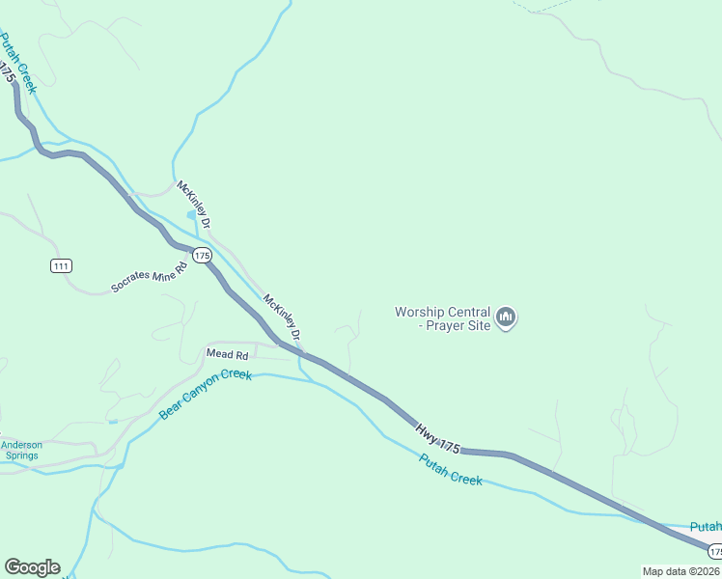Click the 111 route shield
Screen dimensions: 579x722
click(62, 265)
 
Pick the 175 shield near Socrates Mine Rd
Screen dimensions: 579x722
click(201, 255)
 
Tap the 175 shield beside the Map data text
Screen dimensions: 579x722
click(714, 551)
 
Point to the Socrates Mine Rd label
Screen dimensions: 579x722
click(149, 276)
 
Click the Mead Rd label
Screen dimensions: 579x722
click(228, 354)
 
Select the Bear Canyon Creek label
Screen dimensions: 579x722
click(205, 394)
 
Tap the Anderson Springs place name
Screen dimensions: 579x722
click(21, 451)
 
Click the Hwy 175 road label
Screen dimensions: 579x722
click(437, 437)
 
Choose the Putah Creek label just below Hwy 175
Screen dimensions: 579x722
click(451, 469)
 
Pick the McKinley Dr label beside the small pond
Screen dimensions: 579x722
click(193, 201)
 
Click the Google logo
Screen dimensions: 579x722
click(32, 567)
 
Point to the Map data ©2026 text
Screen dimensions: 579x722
click(680, 571)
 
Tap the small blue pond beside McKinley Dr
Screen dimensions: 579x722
click(191, 215)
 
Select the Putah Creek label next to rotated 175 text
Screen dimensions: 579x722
click(18, 64)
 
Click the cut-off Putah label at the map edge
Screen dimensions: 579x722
click(706, 526)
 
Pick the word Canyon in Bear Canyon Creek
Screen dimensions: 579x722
click(202, 396)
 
